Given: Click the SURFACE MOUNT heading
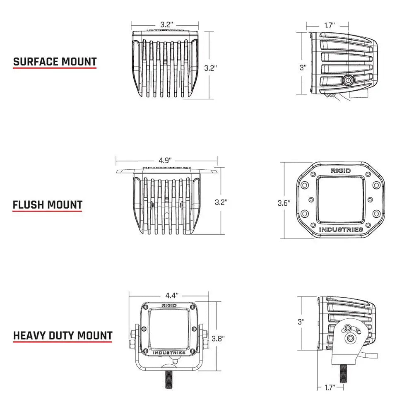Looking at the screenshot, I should (55, 62).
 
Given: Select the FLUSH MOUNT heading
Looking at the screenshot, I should (47, 205).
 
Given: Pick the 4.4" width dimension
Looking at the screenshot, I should (171, 296).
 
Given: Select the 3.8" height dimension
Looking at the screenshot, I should (218, 338).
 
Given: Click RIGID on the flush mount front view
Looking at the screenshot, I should (340, 171).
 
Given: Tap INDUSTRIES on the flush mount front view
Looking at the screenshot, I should (341, 229).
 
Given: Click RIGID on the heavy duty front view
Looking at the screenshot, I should (168, 306).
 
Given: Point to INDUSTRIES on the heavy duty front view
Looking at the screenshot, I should (169, 353).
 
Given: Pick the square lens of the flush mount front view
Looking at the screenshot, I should (340, 199).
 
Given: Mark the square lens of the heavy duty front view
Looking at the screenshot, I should (168, 329).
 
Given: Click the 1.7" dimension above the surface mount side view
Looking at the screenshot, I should (330, 26).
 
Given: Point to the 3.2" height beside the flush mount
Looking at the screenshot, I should (221, 202).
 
